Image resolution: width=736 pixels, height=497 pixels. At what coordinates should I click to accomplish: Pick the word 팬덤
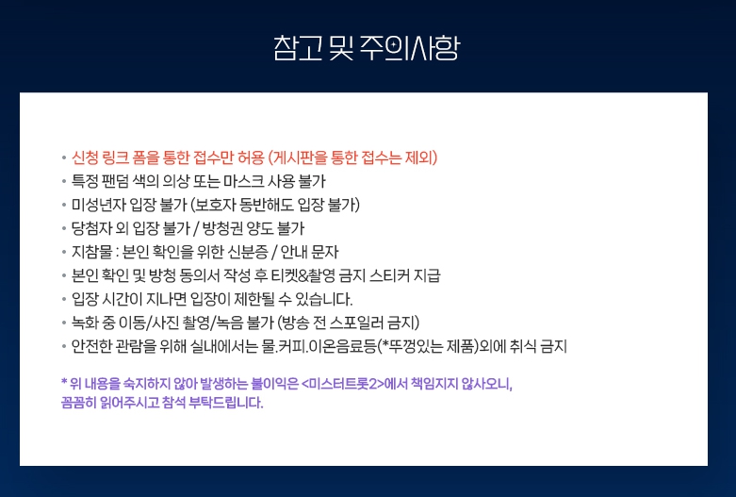tap(123, 181)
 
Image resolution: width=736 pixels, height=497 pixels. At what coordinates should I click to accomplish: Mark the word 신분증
tap(253, 252)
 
